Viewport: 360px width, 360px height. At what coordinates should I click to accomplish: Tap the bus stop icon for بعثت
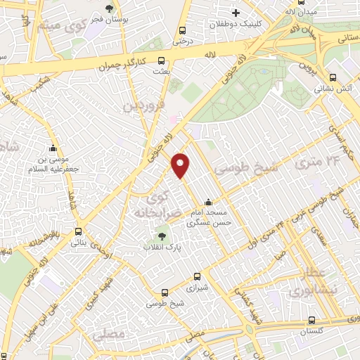[x=162, y=61]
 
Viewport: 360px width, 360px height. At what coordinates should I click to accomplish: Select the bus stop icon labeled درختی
[x=183, y=31]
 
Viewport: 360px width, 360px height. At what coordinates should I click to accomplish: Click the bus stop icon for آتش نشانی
[x=333, y=78]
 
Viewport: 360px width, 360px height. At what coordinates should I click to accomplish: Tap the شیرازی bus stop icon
[x=196, y=276]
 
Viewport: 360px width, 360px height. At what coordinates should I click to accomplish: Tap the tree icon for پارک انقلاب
[x=162, y=236]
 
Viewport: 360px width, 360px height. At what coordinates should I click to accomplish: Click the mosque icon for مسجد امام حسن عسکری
[x=206, y=202]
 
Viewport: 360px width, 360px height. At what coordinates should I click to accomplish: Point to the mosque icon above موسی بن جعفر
[x=53, y=148]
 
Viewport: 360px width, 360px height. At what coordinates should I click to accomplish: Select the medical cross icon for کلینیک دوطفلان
[x=236, y=13]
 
